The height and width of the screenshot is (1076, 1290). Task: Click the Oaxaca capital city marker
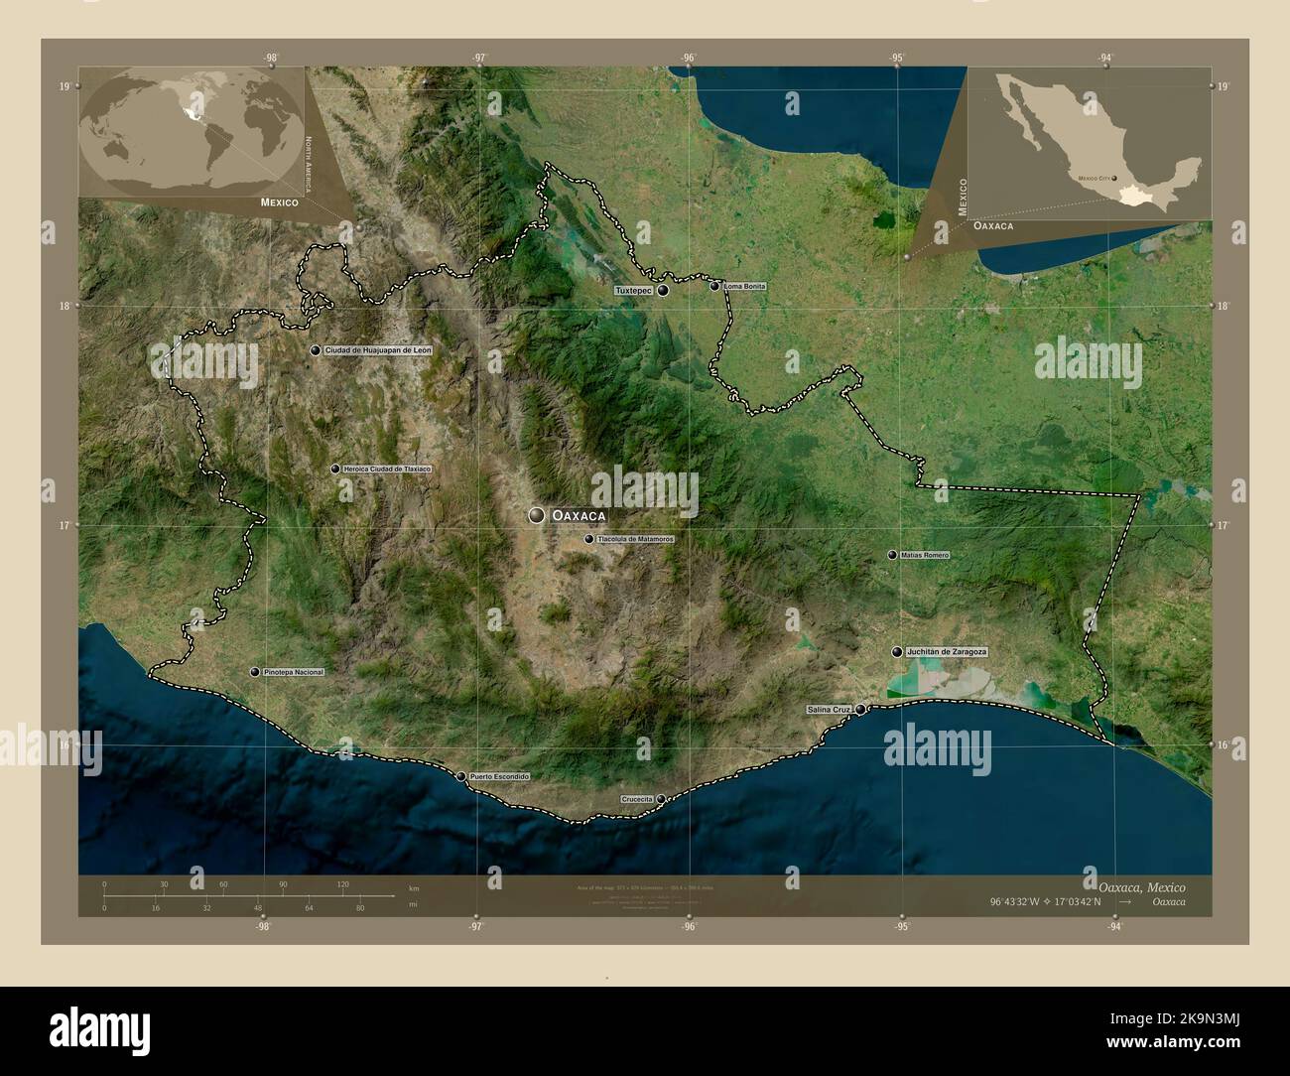point(537,515)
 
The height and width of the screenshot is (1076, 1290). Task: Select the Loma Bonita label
point(745,286)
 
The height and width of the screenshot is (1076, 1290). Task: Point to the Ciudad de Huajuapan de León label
point(378,350)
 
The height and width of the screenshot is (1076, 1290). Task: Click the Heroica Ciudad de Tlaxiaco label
point(387,469)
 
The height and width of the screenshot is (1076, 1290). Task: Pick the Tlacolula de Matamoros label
point(635,539)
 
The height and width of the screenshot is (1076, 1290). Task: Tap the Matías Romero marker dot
point(892,555)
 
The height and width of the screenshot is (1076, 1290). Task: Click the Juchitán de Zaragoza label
point(947,651)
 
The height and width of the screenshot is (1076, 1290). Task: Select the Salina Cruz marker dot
point(861,709)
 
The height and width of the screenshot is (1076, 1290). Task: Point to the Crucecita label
point(636,799)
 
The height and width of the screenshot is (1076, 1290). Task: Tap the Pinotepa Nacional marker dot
point(255,672)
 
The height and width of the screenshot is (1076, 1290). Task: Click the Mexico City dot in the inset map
point(1116,179)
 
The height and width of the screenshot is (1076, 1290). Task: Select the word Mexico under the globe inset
point(280,202)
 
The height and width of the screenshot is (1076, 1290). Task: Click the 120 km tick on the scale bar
point(342,884)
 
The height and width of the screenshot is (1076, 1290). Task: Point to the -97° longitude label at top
point(479,58)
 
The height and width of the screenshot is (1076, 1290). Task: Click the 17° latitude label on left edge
point(64,525)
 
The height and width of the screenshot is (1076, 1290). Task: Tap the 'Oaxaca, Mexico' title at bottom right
point(1141,885)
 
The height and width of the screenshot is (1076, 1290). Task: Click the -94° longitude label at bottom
point(1114,928)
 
